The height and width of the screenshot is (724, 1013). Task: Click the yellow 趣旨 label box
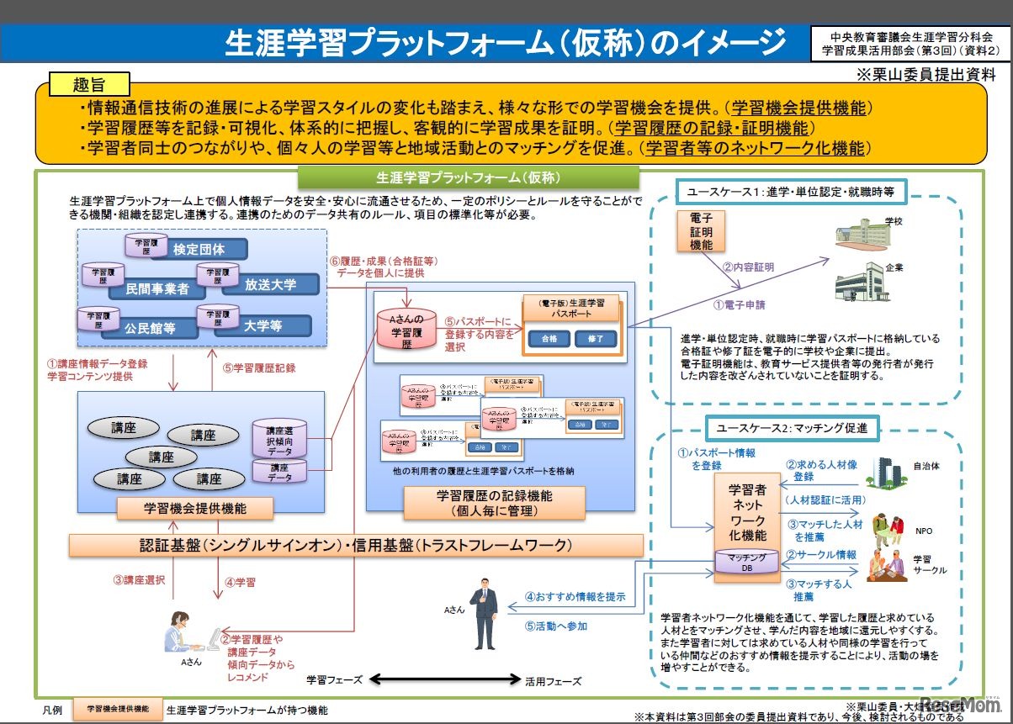point(90,84)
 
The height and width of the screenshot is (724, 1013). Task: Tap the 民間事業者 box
point(157,288)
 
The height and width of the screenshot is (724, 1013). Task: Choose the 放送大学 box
point(271,284)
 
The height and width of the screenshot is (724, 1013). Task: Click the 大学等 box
point(263,325)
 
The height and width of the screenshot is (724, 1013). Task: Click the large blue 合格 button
point(549,339)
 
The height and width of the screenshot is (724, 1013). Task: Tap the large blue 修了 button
point(596,339)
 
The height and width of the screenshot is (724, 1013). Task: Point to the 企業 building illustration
point(860,281)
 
